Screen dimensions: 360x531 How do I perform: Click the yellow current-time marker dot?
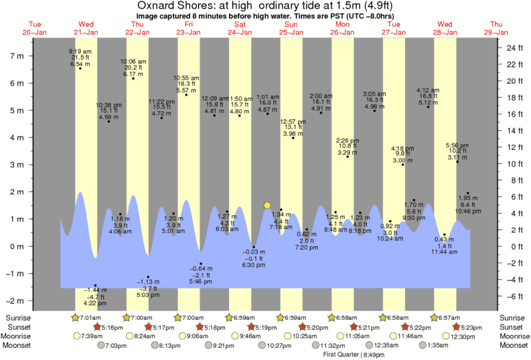point(267,205)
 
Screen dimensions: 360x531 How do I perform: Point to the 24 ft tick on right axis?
point(514,49)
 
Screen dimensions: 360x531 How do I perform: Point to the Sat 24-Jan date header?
point(240,27)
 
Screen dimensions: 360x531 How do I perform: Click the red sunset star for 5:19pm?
point(251,327)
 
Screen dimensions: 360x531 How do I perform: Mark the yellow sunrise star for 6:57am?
point(434,317)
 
